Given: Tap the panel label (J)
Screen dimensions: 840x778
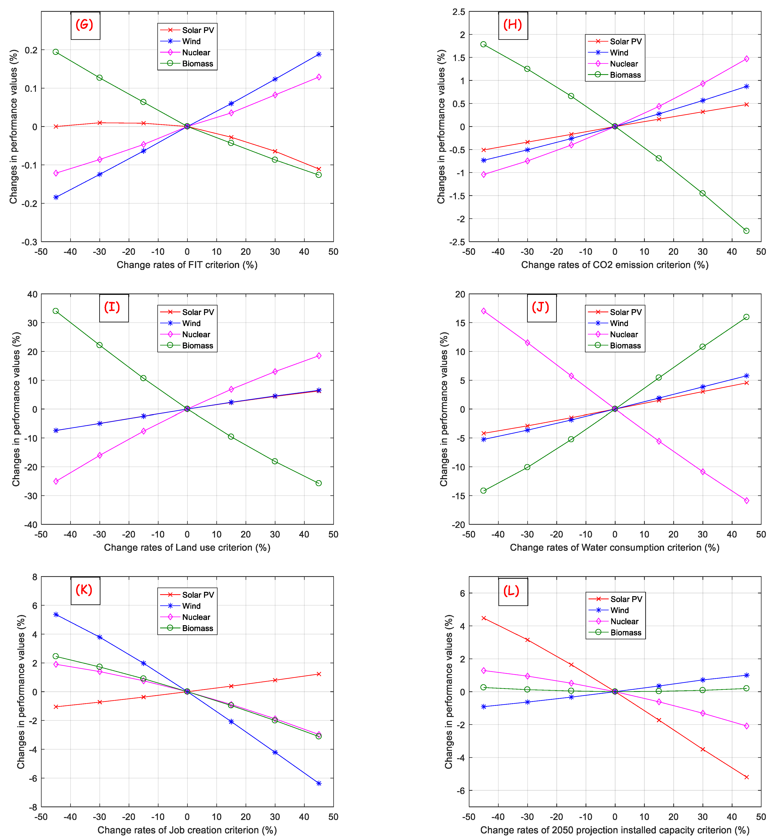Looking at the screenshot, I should tap(541, 307).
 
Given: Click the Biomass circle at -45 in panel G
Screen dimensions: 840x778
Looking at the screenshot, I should tap(56, 52).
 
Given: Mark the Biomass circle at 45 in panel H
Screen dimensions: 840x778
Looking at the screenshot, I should tap(746, 231).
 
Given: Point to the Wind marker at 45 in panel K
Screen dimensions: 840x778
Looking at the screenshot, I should tap(319, 783).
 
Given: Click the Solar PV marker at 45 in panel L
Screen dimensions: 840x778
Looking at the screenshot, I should tap(746, 777).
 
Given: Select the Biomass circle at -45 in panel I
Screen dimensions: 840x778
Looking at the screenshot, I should tap(56, 311).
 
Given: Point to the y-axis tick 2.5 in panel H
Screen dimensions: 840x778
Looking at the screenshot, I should tap(458, 12).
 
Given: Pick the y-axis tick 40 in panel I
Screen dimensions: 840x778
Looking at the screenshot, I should tap(32, 294).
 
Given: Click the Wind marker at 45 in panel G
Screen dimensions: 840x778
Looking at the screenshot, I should tap(319, 54).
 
